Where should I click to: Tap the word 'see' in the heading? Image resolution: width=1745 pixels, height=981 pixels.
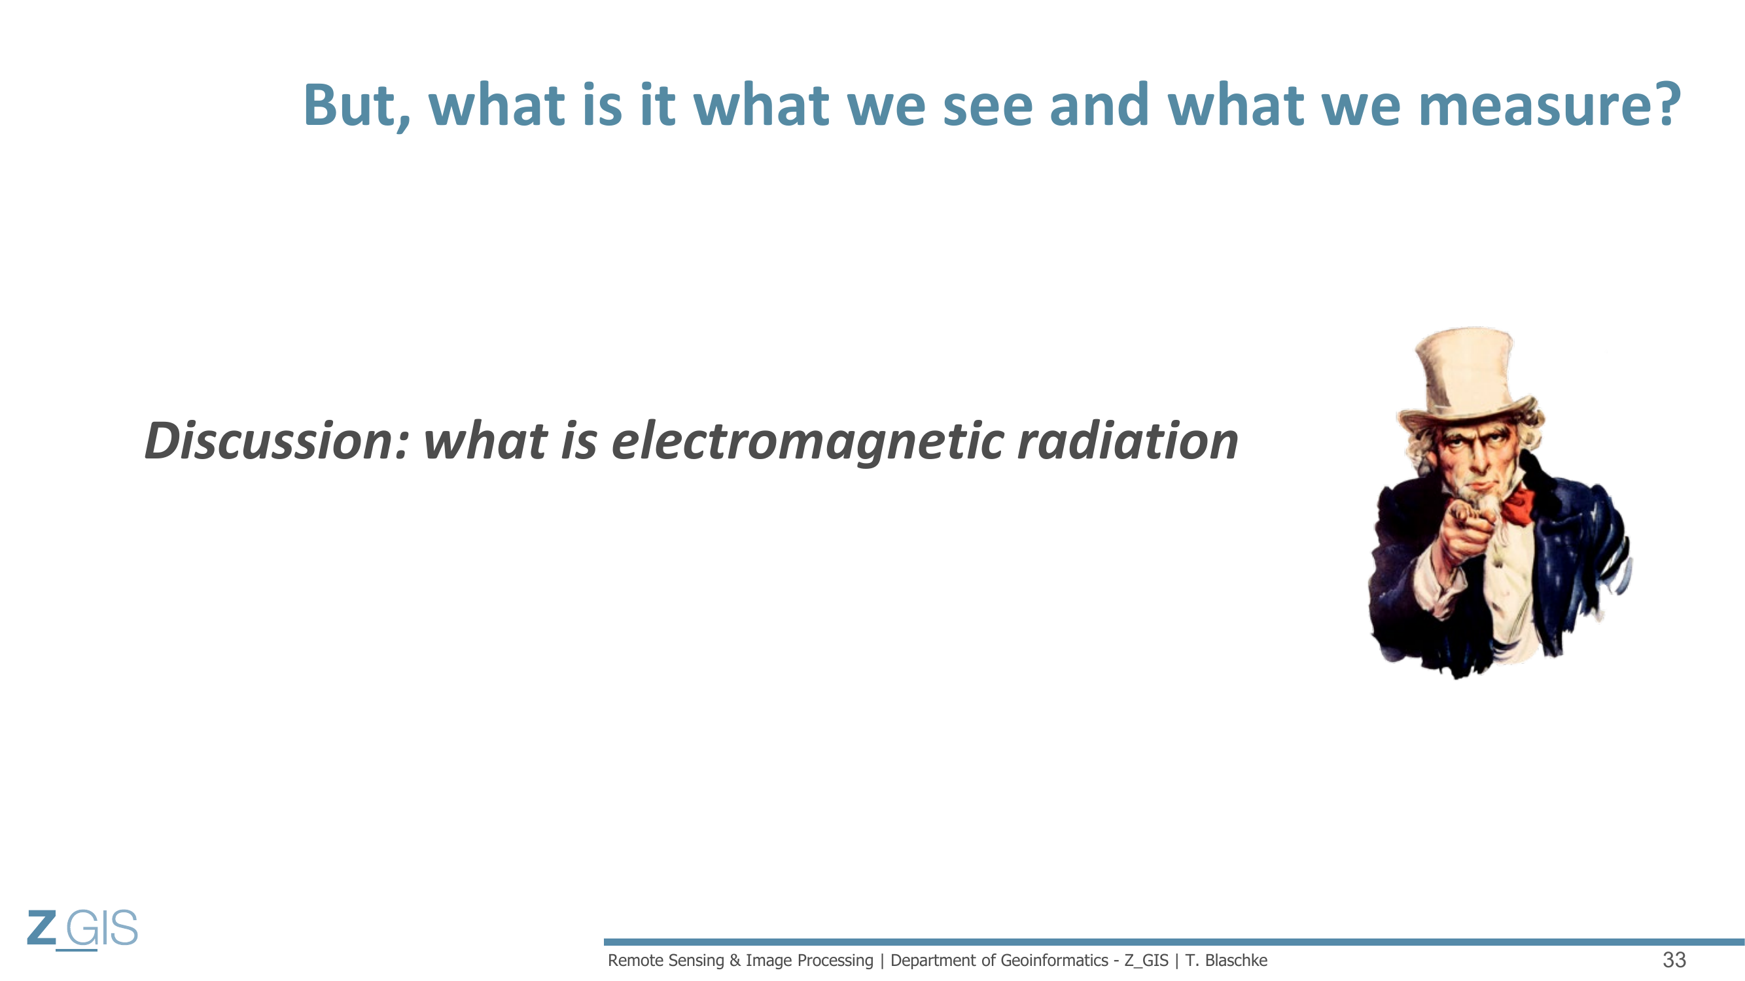tap(988, 107)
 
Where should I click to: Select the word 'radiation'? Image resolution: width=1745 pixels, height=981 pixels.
tap(1128, 441)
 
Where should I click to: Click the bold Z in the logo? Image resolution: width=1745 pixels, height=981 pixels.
tap(41, 927)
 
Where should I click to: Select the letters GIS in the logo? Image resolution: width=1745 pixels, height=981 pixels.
tap(101, 927)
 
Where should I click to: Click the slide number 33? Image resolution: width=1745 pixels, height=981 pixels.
tap(1674, 960)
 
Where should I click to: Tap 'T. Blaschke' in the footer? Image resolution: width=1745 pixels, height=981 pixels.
tap(1226, 960)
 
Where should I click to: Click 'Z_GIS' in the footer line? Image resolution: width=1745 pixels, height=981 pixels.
tap(1146, 961)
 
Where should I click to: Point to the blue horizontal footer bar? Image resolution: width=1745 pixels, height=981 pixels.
tap(1174, 942)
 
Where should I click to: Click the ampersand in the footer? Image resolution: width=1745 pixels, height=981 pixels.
tap(735, 960)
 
